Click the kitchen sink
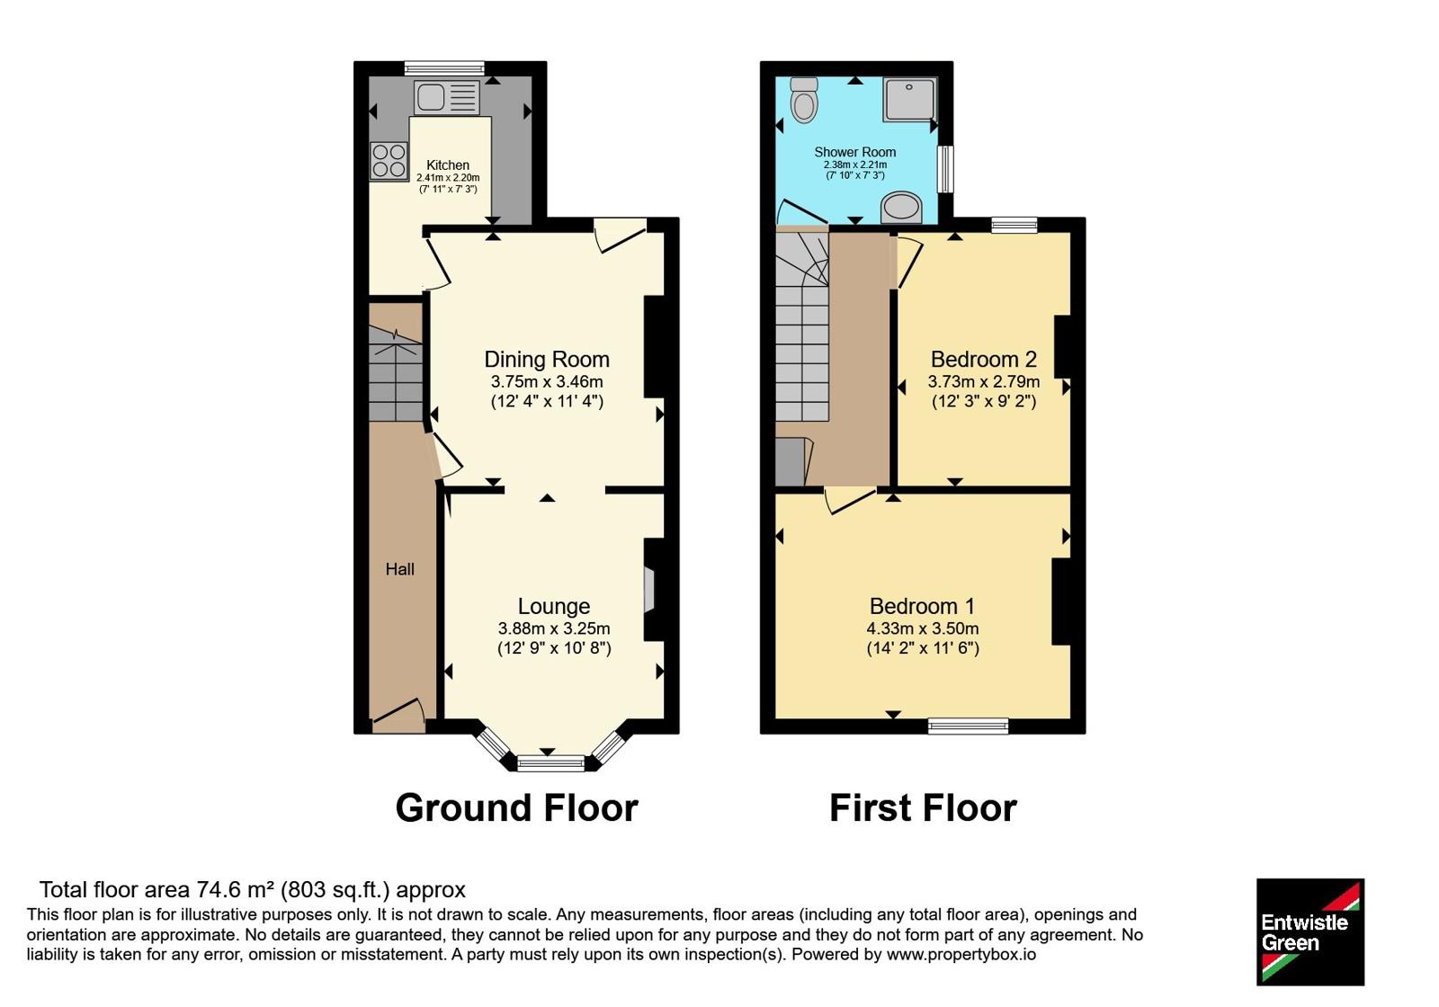[x=447, y=98]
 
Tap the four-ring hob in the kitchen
[x=389, y=161]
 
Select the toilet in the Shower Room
[x=804, y=100]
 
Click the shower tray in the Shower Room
[x=909, y=99]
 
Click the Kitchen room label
[x=448, y=165]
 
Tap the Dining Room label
[x=547, y=359]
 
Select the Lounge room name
[x=554, y=606]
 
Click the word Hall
[x=399, y=569]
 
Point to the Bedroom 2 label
[x=984, y=359]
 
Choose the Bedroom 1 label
[x=922, y=606]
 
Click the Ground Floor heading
[x=516, y=808]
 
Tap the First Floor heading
[x=923, y=808]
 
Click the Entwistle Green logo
[x=1310, y=931]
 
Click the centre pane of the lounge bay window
[x=551, y=763]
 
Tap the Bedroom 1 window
[x=968, y=726]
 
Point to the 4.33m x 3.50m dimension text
[x=923, y=628]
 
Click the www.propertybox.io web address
[x=961, y=955]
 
